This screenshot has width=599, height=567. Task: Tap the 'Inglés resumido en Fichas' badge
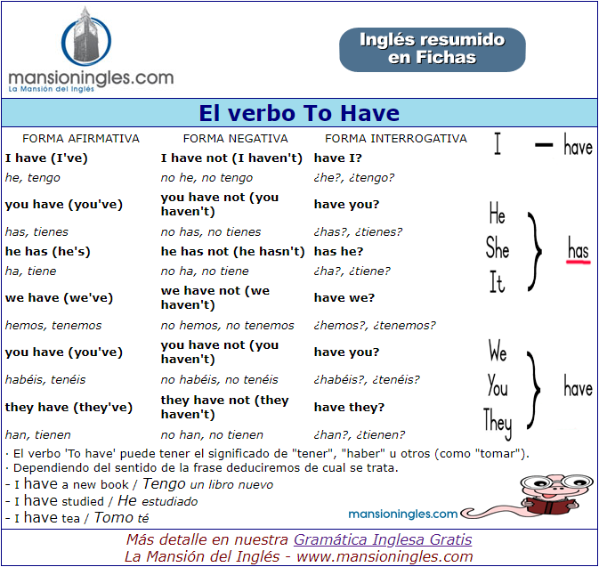coord(432,49)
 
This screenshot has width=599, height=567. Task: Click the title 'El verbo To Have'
coord(299,113)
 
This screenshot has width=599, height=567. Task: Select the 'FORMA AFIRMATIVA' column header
coord(81,139)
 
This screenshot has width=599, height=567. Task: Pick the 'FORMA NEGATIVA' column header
coord(235,139)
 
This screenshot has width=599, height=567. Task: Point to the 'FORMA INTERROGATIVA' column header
coord(395,139)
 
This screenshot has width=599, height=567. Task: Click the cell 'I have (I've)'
coord(47,158)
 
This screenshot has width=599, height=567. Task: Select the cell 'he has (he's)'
coord(47,251)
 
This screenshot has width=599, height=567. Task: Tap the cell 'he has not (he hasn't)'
coord(232,251)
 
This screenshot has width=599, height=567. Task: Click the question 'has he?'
coord(338,251)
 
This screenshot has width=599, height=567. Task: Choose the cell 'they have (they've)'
coord(69,407)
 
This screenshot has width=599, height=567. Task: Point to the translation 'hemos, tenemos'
coord(53,326)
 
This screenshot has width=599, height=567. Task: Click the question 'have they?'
coord(349,407)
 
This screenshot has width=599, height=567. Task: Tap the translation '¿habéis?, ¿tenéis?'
coord(367,380)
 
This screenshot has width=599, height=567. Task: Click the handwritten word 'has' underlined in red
coord(579,250)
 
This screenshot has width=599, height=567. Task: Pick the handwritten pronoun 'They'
coord(498,419)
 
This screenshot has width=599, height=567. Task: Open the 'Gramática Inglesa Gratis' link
coord(383,539)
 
